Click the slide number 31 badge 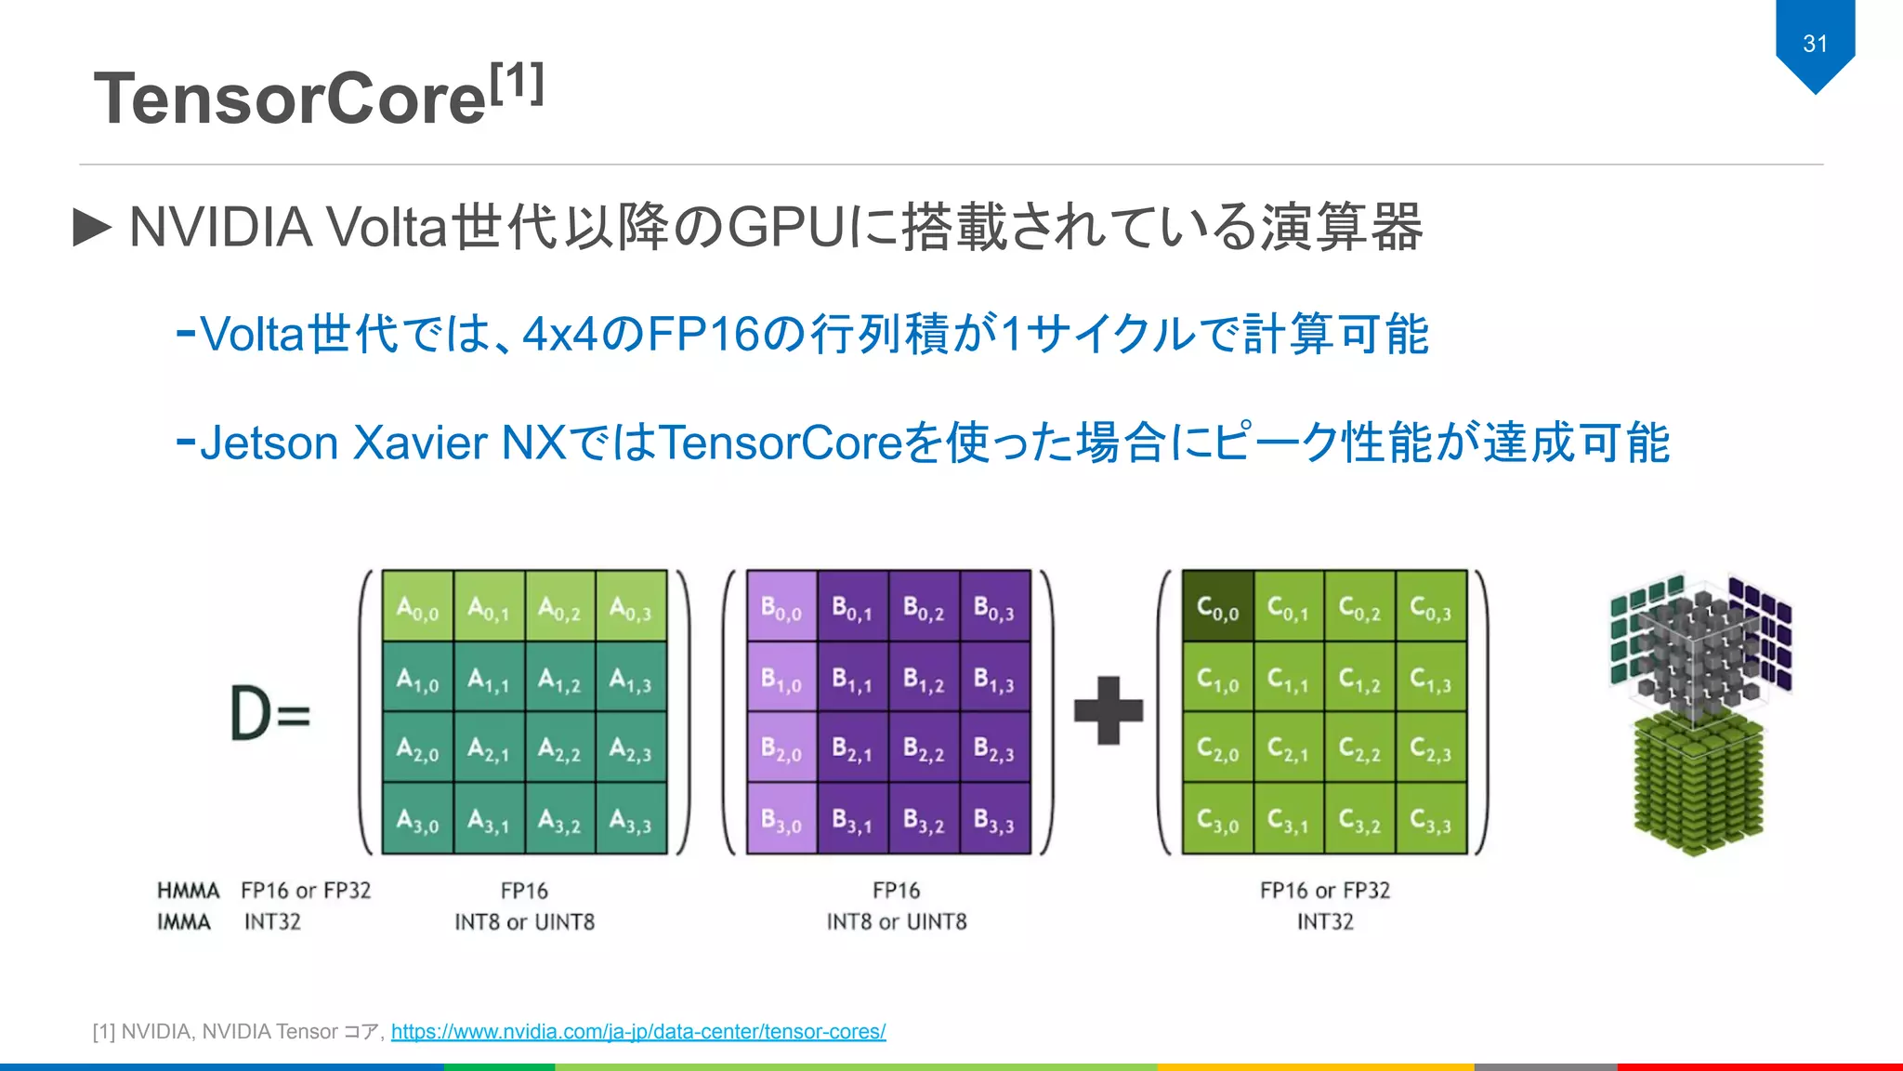point(1815,44)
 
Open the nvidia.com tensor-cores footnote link point(637,1031)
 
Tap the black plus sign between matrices point(1108,711)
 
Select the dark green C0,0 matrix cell point(1217,606)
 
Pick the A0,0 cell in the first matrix point(418,606)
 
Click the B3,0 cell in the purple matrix point(781,818)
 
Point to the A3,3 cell point(631,818)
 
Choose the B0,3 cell point(994,606)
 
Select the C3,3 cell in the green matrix point(1431,818)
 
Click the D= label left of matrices point(269,713)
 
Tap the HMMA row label point(188,891)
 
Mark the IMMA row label point(184,921)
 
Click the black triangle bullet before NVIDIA point(92,227)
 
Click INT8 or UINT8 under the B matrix point(897,921)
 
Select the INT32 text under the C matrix point(1325,921)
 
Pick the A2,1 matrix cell point(489,747)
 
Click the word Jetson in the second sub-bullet point(269,443)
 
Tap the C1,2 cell point(1359,678)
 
